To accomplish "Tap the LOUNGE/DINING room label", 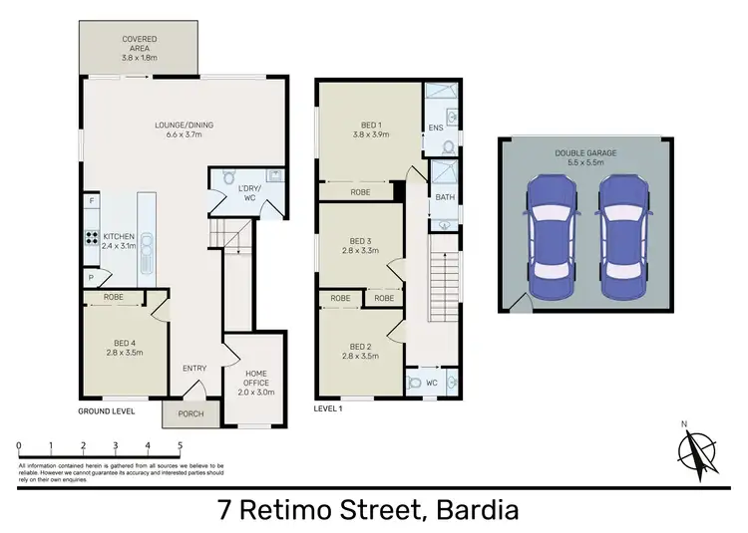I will tap(184, 132).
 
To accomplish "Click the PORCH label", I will tap(188, 414).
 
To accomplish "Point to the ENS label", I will tap(435, 129).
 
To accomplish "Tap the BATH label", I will tap(443, 198).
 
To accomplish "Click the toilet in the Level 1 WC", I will tap(414, 382).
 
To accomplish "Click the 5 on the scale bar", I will tap(180, 445).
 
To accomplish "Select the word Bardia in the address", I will tap(473, 511).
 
